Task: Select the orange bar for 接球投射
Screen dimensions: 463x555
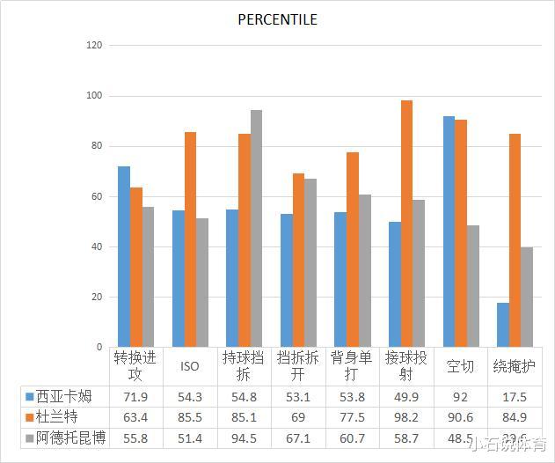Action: coord(406,224)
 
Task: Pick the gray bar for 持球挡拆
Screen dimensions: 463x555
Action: coord(256,228)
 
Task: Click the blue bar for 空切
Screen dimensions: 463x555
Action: coord(449,231)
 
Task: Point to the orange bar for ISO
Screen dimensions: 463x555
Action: coord(190,239)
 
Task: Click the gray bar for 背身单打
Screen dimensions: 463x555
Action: coord(364,270)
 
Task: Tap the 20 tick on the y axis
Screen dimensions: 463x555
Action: coord(98,298)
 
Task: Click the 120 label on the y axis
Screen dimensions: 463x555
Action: coord(95,46)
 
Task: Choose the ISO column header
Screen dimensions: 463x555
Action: coord(190,366)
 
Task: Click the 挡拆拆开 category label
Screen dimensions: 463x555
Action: coord(298,366)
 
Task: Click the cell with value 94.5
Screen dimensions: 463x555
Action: coord(244,437)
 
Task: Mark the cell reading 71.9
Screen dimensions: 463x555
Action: coord(135,396)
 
